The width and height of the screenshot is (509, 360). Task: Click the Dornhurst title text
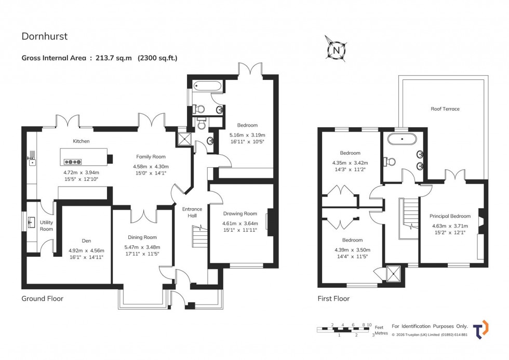[x=45, y=36]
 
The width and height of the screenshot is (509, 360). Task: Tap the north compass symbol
[x=336, y=50]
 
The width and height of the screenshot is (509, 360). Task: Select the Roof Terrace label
[x=445, y=109]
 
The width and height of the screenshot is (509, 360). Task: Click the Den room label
[x=86, y=241]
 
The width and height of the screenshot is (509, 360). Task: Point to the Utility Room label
[x=46, y=225]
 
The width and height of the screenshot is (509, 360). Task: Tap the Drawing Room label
[x=240, y=214]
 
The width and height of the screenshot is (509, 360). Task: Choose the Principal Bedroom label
[x=450, y=216]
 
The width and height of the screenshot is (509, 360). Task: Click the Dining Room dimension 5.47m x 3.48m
[x=142, y=247]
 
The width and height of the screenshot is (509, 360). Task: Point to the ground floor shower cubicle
[x=183, y=138]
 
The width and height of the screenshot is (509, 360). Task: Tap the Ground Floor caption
[x=42, y=299]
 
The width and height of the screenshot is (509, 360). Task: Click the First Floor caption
[x=333, y=299]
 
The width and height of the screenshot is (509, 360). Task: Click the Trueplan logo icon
[x=480, y=329]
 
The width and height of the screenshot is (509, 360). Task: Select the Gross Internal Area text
[x=99, y=58]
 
